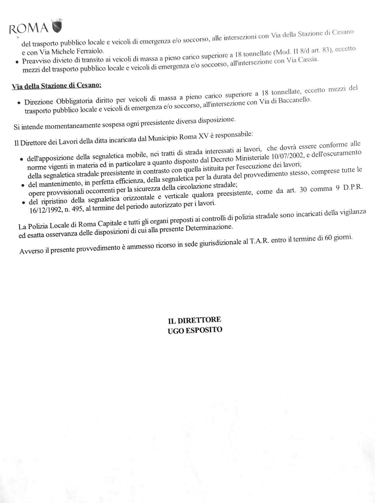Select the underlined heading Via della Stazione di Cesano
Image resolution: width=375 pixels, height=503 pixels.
pos(56,86)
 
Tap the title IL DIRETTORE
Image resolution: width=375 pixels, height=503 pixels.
pos(194,320)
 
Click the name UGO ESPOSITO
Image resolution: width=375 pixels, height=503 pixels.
pos(195,330)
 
